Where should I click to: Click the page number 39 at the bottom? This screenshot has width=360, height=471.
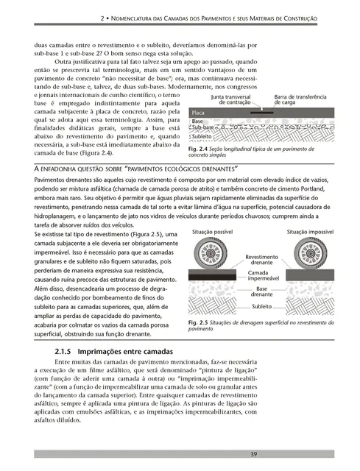[253, 453]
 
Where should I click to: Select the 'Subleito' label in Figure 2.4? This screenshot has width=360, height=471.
[202, 137]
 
